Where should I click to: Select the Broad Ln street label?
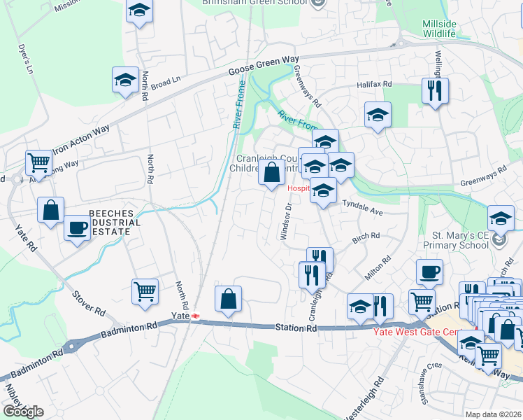[166, 82]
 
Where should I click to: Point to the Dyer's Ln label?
[24, 61]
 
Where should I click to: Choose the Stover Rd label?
[89, 301]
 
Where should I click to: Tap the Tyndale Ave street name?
[363, 208]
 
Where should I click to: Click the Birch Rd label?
[366, 238]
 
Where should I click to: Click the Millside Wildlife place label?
[439, 29]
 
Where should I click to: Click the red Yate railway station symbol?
[196, 316]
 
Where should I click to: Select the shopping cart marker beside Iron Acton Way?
[38, 162]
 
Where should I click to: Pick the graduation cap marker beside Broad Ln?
[125, 80]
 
